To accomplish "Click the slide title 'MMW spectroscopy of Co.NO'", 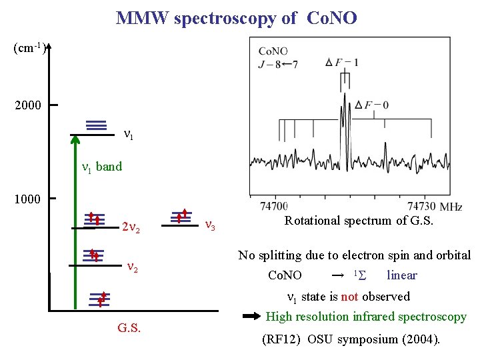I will pyautogui.click(x=237, y=18).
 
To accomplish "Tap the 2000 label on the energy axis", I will pyautogui.click(x=27, y=105).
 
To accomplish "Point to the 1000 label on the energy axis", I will pyautogui.click(x=27, y=199).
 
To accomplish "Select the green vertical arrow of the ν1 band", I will pyautogui.click(x=75, y=220).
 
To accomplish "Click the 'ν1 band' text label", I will pyautogui.click(x=101, y=167).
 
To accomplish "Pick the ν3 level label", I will pyautogui.click(x=209, y=225).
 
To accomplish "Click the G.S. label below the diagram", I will pyautogui.click(x=129, y=328).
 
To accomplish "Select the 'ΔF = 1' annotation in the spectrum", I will pyautogui.click(x=342, y=63).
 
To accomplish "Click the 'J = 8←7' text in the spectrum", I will pyautogui.click(x=278, y=64).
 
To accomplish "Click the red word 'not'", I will pyautogui.click(x=350, y=297).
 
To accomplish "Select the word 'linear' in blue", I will pyautogui.click(x=402, y=275).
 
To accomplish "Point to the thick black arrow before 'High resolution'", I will pyautogui.click(x=252, y=317).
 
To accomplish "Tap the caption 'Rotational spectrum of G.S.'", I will pyautogui.click(x=359, y=221).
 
